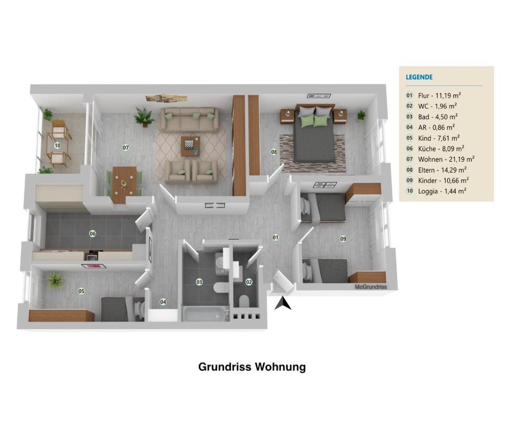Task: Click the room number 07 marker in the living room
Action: tap(126, 147)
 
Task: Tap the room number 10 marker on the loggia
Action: tap(57, 145)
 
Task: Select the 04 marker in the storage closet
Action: tap(163, 302)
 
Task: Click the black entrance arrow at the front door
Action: tap(283, 303)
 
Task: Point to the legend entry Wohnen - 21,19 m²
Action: tap(446, 160)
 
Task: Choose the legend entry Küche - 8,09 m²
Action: tap(441, 149)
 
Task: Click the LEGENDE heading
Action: tap(419, 77)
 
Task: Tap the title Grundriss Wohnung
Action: tap(252, 367)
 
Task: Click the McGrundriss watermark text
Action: tap(371, 287)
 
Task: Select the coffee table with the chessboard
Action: tap(190, 146)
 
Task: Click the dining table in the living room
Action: tap(124, 185)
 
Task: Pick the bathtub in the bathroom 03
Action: tap(206, 314)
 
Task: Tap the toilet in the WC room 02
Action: tap(244, 301)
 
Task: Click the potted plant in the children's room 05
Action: tap(55, 280)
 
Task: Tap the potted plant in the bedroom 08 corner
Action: tap(361, 115)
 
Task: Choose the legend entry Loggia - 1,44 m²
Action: tap(442, 191)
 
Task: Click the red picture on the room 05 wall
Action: tap(94, 266)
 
